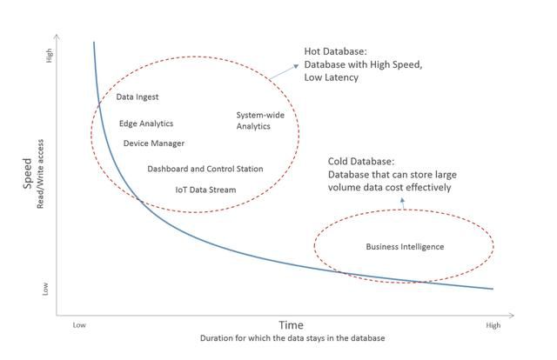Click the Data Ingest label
[138, 97]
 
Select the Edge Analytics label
[146, 123]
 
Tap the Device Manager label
[153, 143]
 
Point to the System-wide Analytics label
[254, 120]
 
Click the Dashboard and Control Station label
[205, 169]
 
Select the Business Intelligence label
[404, 247]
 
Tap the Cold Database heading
[361, 161]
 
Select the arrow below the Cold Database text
[401, 203]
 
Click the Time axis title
[291, 324]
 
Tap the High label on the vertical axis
[49, 56]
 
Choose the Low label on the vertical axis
[49, 288]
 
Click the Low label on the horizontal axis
[79, 325]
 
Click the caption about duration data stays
[291, 337]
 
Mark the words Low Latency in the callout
[331, 78]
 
